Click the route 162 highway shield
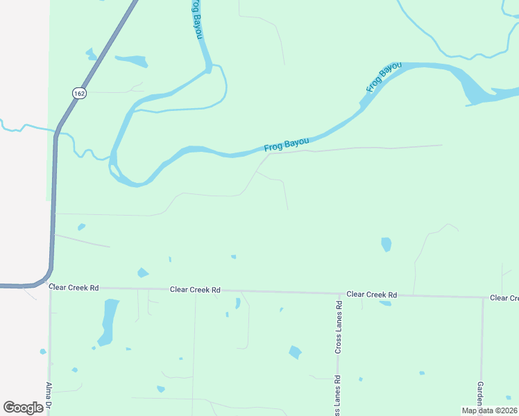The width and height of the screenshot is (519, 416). point(80,92)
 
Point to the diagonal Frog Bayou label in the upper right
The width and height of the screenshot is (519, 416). point(384,77)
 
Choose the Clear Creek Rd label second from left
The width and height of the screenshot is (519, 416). point(195,289)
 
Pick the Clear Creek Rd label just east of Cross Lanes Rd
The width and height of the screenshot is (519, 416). point(372,295)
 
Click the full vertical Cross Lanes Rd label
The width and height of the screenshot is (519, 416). point(339,328)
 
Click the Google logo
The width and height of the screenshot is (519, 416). point(23,407)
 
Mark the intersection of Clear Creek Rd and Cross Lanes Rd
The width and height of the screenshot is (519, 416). point(339,293)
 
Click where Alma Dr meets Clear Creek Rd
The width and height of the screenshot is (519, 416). point(50,286)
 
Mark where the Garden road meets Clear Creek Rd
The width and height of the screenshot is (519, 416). point(483,297)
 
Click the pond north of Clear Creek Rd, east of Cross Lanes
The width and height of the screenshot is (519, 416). point(386,244)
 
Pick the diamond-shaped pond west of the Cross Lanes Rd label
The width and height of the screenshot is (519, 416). point(296,352)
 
